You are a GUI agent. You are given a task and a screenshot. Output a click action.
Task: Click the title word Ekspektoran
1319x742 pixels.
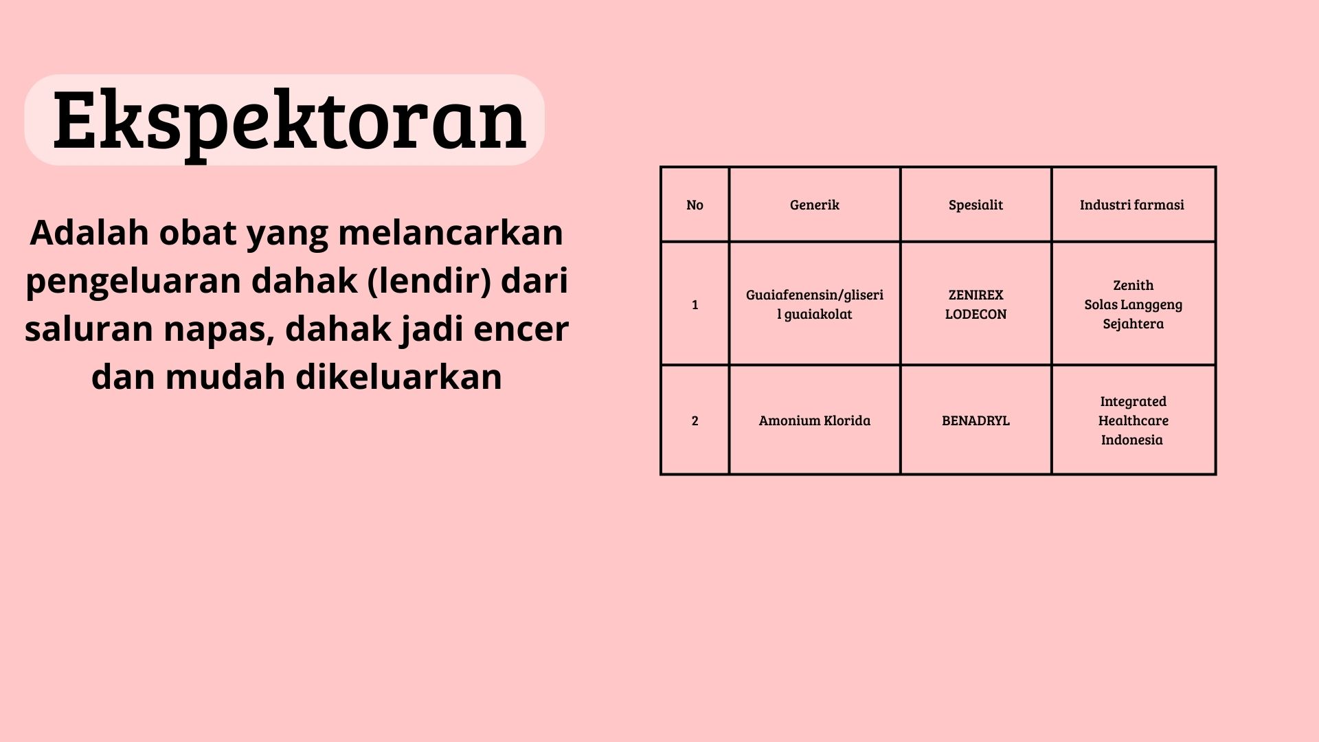click(289, 122)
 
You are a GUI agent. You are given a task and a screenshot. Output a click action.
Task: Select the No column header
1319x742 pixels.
click(695, 205)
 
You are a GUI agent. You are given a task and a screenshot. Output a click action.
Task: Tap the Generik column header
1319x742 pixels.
click(814, 205)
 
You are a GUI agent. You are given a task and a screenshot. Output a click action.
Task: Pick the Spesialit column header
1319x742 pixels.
click(976, 205)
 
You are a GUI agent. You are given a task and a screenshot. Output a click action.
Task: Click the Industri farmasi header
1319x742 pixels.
click(1131, 205)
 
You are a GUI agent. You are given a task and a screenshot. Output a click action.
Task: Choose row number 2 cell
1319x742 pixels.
click(695, 420)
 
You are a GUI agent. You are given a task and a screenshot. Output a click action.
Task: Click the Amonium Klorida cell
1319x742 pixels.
click(814, 420)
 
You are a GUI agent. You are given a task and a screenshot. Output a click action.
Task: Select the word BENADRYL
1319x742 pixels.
click(976, 420)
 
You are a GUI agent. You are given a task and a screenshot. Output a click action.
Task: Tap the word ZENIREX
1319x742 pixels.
click(976, 295)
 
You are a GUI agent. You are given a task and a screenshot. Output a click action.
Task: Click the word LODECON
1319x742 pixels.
click(976, 314)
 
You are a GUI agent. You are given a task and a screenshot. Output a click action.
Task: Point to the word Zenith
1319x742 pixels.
click(1133, 285)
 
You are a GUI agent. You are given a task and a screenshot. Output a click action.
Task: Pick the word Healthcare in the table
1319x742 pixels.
click(1133, 420)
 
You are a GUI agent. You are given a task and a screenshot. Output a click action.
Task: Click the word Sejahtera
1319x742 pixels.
click(1133, 324)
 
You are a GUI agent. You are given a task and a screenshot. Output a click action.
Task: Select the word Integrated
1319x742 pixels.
click(1133, 401)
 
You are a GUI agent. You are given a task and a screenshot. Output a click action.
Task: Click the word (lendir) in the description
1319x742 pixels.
click(429, 281)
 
